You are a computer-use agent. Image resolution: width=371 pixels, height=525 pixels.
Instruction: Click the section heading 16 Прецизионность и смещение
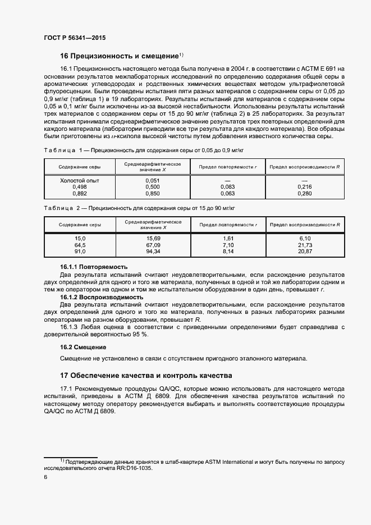[x=120, y=56]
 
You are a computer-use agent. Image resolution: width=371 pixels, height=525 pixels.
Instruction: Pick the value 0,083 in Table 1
[x=227, y=186]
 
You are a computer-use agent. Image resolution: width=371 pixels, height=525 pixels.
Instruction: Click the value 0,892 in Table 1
[x=80, y=193]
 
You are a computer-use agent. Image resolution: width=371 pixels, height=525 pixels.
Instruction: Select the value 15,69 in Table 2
[x=153, y=239]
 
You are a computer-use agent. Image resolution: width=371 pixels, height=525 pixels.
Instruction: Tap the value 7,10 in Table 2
[x=227, y=245]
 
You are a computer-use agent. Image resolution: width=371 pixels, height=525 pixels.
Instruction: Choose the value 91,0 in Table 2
[x=80, y=252]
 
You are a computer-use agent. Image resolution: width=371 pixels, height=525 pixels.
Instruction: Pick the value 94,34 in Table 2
[x=153, y=252]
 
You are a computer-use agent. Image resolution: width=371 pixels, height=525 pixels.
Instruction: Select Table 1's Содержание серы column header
[x=80, y=167]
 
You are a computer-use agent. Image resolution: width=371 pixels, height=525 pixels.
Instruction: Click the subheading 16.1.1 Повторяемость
[x=94, y=266]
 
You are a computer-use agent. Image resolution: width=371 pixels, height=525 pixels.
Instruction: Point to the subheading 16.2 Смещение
[x=83, y=348]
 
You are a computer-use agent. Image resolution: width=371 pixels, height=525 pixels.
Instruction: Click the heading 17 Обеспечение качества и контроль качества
[x=145, y=376]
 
